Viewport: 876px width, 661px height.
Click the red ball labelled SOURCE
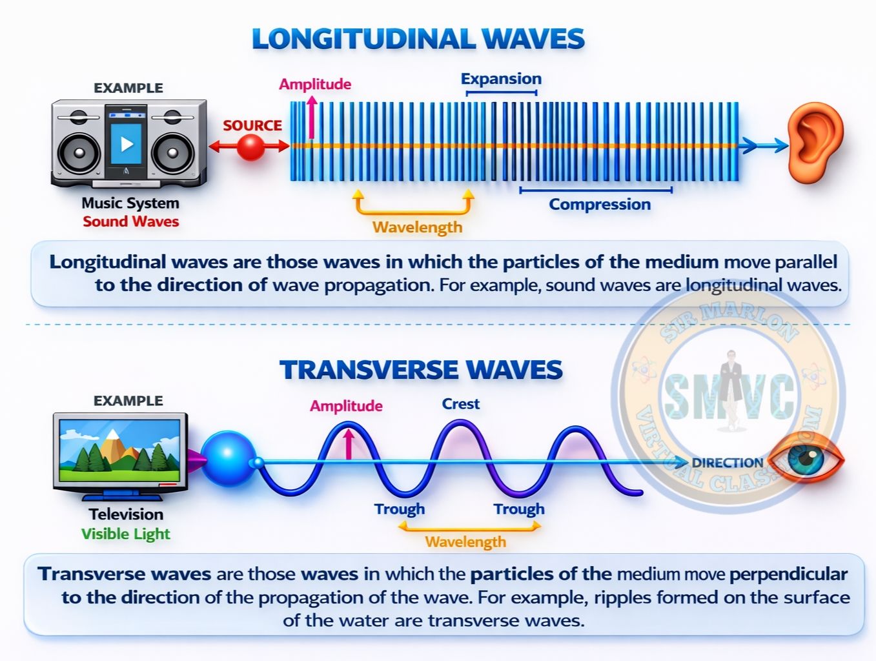(250, 147)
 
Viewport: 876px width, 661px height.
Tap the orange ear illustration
(815, 143)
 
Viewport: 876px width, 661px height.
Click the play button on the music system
(127, 144)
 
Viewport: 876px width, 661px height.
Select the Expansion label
(501, 79)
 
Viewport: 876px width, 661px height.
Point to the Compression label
(600, 205)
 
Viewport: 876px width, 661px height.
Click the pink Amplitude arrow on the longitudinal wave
(312, 117)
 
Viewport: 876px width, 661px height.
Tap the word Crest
(460, 404)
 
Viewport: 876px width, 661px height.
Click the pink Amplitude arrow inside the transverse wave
(349, 444)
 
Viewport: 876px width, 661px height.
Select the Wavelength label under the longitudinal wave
(418, 227)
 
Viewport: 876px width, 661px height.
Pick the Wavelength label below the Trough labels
(465, 542)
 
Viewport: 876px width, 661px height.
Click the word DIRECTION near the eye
(727, 463)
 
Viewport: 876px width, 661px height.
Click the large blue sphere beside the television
(228, 458)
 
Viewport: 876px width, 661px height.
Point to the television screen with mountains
(119, 451)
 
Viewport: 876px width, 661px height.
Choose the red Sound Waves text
(131, 221)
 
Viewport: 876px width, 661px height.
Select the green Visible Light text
(126, 534)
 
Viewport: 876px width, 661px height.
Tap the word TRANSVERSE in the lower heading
(369, 370)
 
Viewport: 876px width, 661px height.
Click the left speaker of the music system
(79, 153)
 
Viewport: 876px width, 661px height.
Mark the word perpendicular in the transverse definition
(789, 575)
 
